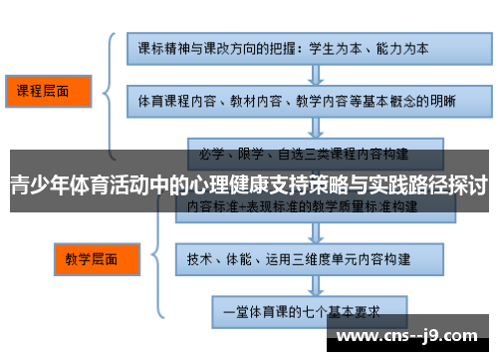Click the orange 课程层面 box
(x=46, y=91)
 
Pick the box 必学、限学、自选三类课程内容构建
(x=305, y=155)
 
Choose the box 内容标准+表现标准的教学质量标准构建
(x=303, y=203)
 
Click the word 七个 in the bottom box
(x=318, y=311)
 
